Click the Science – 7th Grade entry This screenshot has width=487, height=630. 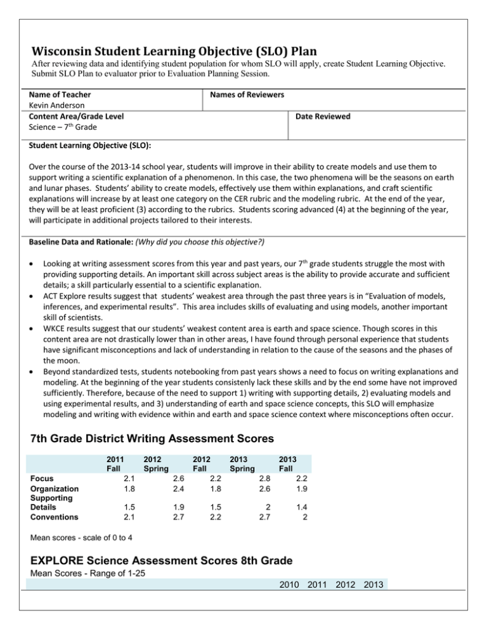point(62,127)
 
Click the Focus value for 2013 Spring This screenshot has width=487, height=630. point(256,479)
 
